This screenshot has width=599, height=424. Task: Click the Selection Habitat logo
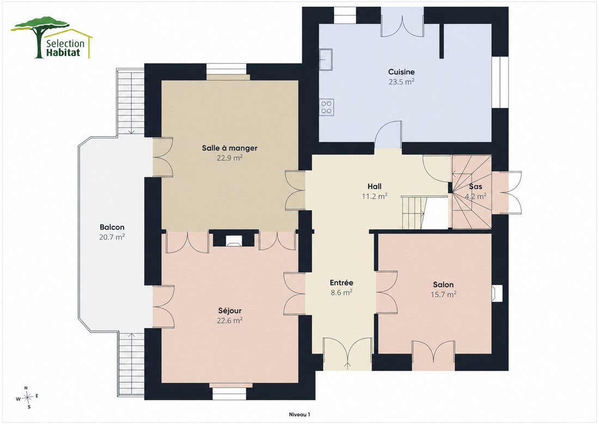pyautogui.click(x=52, y=38)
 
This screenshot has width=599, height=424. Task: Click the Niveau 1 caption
pyautogui.click(x=299, y=414)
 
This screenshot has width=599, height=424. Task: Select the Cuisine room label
pyautogui.click(x=401, y=72)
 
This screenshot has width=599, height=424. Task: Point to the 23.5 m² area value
pyautogui.click(x=401, y=81)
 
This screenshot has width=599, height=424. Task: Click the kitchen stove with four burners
pyautogui.click(x=326, y=107)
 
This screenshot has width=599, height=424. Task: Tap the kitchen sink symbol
pyautogui.click(x=326, y=59)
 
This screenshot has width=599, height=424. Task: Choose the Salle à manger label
pyautogui.click(x=230, y=148)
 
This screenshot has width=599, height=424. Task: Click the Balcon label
pyautogui.click(x=112, y=227)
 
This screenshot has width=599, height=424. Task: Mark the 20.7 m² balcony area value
pyautogui.click(x=112, y=237)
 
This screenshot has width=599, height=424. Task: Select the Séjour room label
pyautogui.click(x=230, y=311)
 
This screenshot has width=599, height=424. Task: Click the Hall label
pyautogui.click(x=375, y=186)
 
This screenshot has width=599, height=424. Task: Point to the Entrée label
pyautogui.click(x=341, y=283)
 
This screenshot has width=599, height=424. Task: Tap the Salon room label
pyautogui.click(x=443, y=285)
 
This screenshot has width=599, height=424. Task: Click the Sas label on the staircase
pyautogui.click(x=475, y=186)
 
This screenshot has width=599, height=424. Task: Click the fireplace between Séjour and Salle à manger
pyautogui.click(x=233, y=240)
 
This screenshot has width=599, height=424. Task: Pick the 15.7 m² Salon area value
pyautogui.click(x=443, y=295)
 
